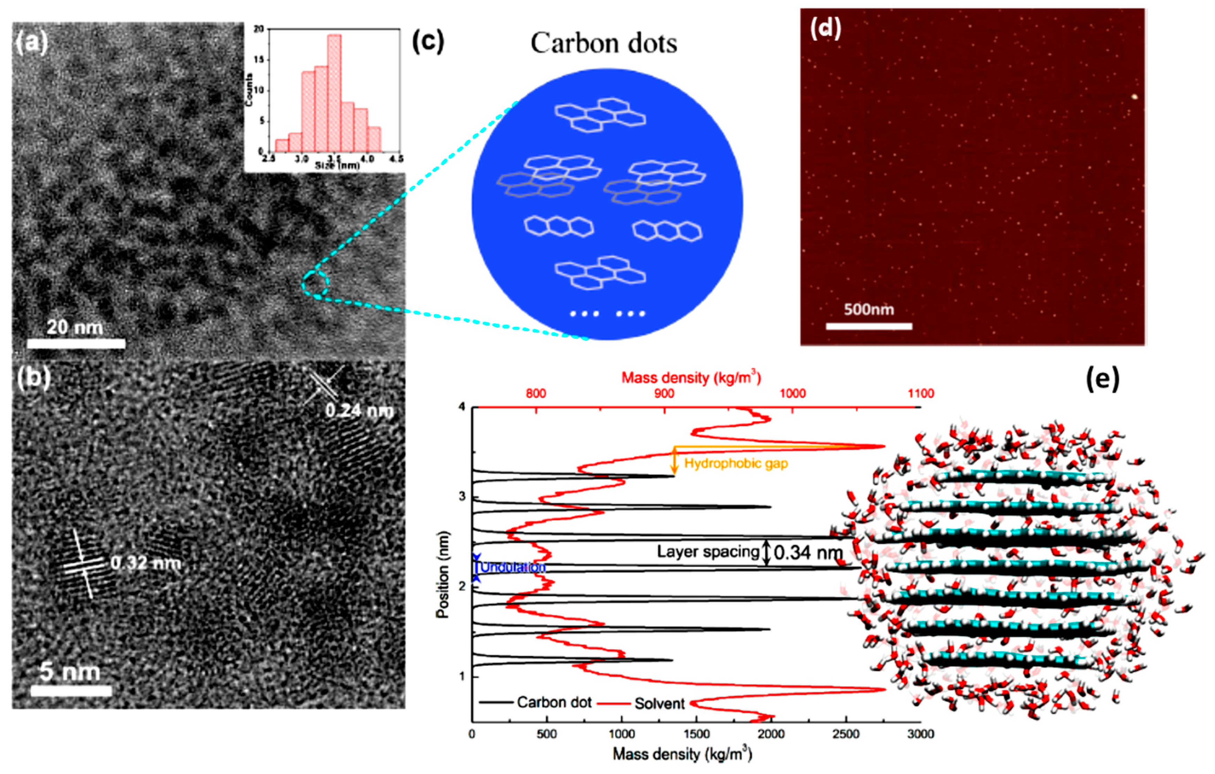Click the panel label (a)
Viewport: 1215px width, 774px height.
tap(31, 43)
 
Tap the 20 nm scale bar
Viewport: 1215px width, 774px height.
tap(76, 344)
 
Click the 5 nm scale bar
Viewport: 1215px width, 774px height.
tap(71, 690)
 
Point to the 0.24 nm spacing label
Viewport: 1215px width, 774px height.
tap(359, 411)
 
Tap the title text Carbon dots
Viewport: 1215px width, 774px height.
tap(603, 44)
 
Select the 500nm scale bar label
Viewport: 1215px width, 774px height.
tap(869, 309)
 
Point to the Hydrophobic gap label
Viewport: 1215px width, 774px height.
tap(736, 463)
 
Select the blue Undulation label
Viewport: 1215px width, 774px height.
tap(513, 567)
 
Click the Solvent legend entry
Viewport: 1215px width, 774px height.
tap(659, 703)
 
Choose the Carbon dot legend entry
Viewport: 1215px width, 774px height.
tap(554, 702)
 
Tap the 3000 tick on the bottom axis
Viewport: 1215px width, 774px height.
tap(920, 734)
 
